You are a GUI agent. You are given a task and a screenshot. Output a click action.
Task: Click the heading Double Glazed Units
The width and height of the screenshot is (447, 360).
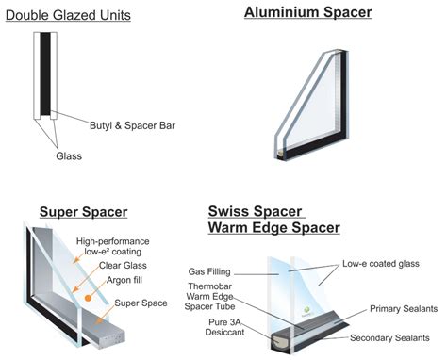(x=68, y=16)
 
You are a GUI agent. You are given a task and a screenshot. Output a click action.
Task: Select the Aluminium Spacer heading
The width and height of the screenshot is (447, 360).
(x=294, y=12)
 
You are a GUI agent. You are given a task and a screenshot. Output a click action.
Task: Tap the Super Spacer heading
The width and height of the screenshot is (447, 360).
(x=83, y=210)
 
